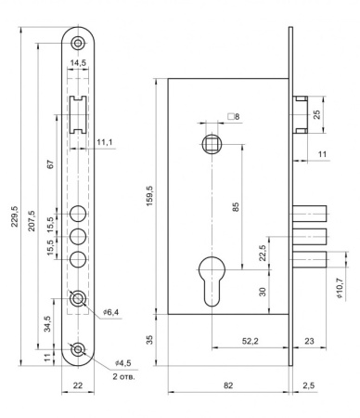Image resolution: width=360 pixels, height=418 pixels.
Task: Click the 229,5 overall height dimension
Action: coord(15,216)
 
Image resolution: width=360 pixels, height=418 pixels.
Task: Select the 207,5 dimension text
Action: coord(32,221)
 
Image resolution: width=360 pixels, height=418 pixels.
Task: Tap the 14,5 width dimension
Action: coord(78,63)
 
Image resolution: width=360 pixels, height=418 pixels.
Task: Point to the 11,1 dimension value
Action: coord(105,142)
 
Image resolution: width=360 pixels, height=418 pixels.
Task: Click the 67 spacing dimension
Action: coord(51,164)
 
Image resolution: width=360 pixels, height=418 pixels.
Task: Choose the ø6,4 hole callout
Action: coord(111,312)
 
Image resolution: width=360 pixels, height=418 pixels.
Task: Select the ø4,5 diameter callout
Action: coord(122,362)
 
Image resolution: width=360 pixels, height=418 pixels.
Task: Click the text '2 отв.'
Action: coord(123,377)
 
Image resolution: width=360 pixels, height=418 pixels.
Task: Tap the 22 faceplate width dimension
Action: coord(78,385)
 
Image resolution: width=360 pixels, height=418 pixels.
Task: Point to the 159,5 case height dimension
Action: coord(149,196)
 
